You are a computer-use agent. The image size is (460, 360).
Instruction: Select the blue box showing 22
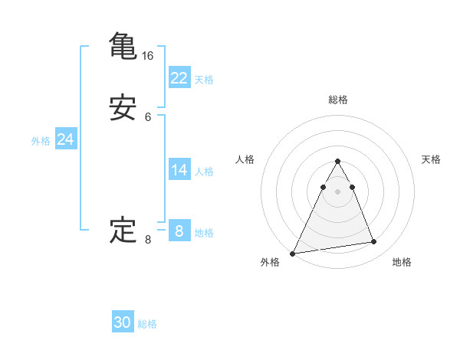179,77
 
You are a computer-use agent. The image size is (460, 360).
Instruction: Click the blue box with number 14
179,170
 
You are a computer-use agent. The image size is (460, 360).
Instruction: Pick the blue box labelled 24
65,139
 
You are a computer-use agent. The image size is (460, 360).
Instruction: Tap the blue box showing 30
123,322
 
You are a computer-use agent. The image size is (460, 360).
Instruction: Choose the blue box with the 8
179,231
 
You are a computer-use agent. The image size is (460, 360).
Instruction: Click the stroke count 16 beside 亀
148,56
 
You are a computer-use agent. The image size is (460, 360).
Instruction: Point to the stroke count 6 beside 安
148,117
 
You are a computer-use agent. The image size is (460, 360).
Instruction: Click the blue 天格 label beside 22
204,79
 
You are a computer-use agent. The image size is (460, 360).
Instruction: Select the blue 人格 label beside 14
204,172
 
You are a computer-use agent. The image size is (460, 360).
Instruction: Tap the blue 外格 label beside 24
41,141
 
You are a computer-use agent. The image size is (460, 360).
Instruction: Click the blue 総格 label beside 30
147,324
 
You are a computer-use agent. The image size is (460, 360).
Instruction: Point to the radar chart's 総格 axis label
337,100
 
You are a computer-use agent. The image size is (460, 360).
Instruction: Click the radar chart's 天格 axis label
432,159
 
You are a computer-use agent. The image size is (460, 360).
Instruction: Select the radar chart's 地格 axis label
402,262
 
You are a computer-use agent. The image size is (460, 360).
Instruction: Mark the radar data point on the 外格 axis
293,253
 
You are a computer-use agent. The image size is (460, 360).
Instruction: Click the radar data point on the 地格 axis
374,242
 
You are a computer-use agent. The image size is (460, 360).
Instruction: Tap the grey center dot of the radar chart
337,191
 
